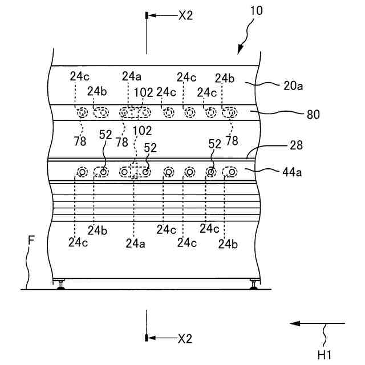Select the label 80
click(x=313, y=114)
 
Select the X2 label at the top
click(x=185, y=16)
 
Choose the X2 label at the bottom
click(x=185, y=339)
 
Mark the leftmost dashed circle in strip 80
click(x=84, y=113)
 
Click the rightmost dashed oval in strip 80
click(x=231, y=112)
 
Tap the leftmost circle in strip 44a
click(x=83, y=172)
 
